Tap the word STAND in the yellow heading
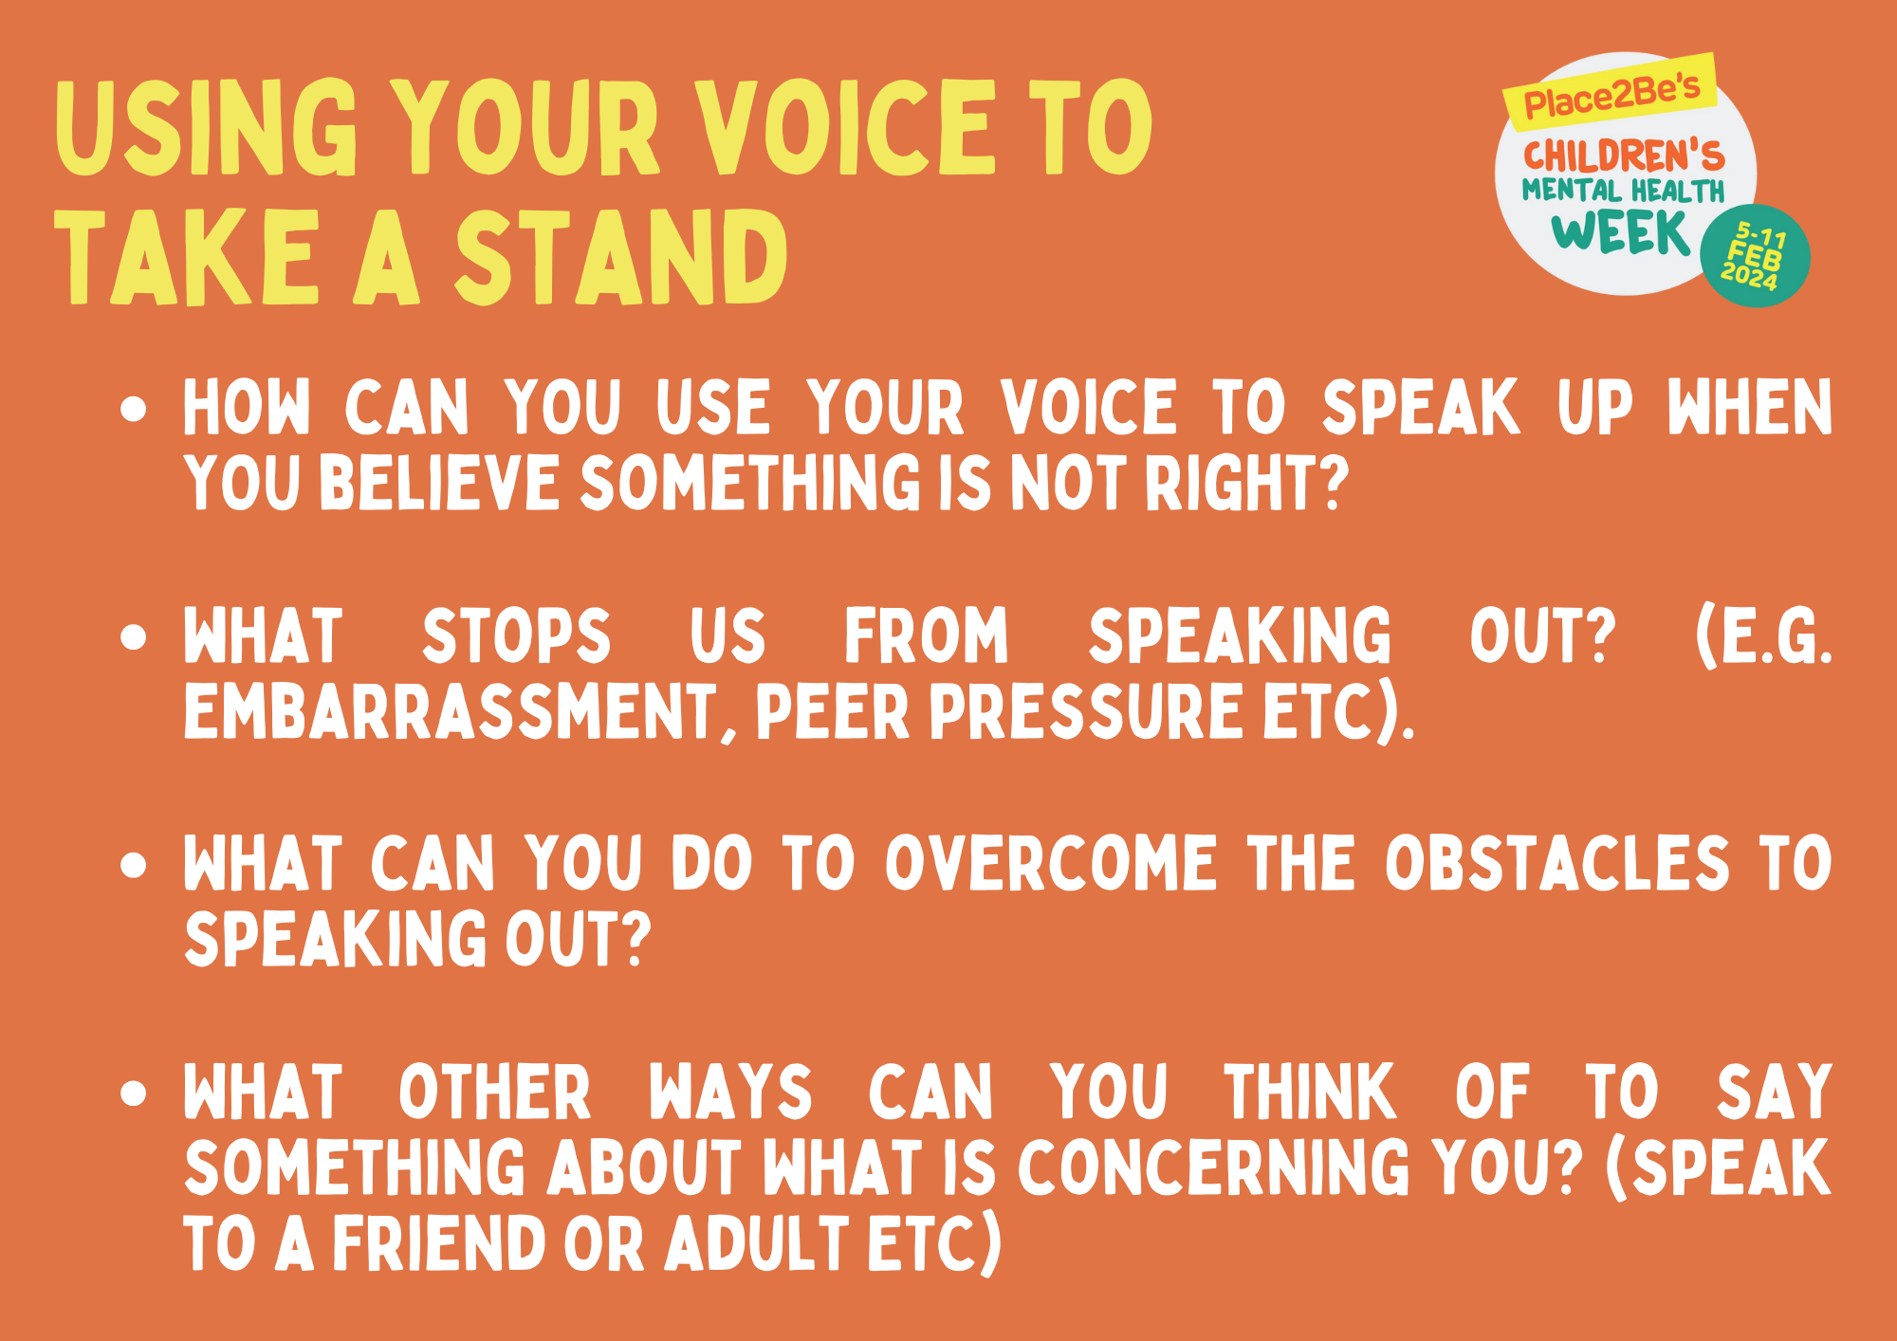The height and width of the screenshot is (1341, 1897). [621, 257]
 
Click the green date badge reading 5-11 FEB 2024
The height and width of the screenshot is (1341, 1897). [1755, 256]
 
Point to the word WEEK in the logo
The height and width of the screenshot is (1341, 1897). [1621, 233]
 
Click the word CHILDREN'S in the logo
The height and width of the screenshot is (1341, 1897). [1624, 156]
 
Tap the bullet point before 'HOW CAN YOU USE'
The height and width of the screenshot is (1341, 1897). [134, 409]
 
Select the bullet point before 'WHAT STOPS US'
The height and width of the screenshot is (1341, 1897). [134, 636]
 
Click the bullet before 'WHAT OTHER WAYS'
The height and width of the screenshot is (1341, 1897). [134, 1093]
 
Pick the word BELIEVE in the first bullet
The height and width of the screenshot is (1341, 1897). [439, 482]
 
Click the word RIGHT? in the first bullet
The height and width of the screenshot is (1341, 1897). [1246, 482]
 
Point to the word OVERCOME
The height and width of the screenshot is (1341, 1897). [1051, 863]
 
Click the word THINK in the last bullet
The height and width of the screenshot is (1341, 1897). [1310, 1092]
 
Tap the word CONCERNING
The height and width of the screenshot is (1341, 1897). [1214, 1166]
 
